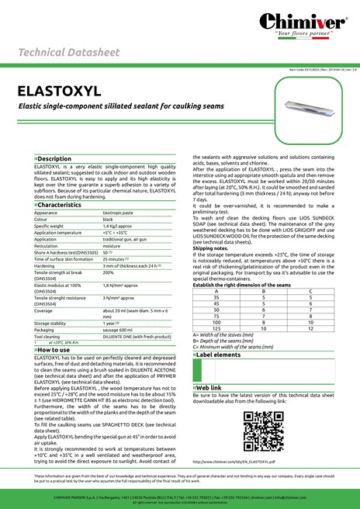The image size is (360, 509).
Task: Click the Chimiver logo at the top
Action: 313,23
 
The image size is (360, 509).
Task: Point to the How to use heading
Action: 54,350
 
